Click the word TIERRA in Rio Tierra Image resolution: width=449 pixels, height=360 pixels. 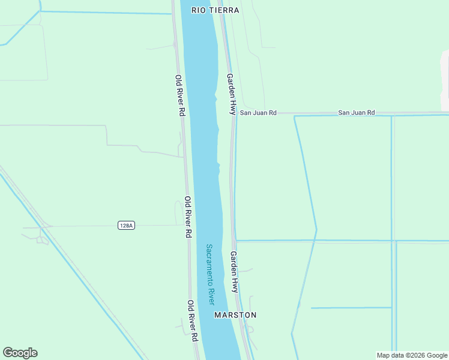coord(225,10)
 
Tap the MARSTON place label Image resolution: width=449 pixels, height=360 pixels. coord(235,315)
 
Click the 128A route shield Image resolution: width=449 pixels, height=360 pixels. coord(126,226)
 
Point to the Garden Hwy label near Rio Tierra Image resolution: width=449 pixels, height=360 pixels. coord(231,94)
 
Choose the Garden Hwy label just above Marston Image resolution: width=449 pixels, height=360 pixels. coord(234,272)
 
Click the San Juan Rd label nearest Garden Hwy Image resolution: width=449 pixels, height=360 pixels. coord(258,113)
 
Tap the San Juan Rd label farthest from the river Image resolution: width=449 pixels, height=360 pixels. coord(357,113)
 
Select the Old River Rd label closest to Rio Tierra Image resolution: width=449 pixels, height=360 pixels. coord(179,95)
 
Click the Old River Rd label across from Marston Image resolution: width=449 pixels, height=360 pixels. coord(192,322)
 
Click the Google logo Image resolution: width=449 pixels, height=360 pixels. coord(20,353)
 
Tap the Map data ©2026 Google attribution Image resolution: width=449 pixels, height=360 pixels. coord(412,355)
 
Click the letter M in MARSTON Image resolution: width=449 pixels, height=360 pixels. coord(218,315)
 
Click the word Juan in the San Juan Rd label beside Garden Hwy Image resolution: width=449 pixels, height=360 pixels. coord(258,113)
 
